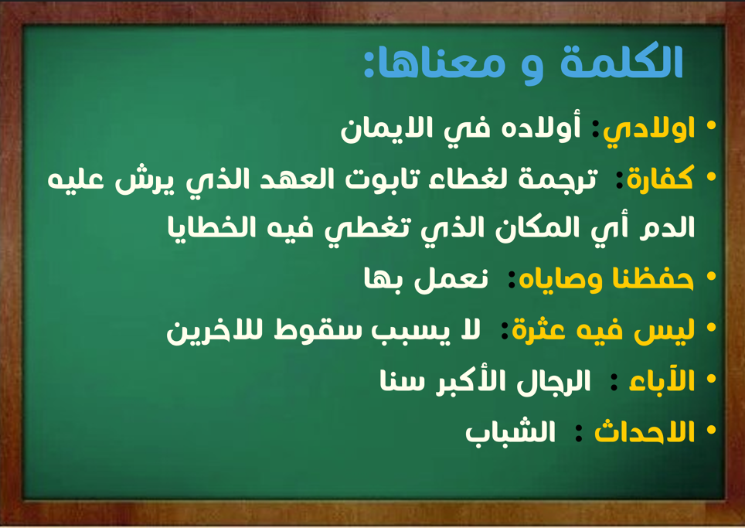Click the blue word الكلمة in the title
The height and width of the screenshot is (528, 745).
pos(621,62)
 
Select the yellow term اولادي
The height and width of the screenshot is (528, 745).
pos(648,129)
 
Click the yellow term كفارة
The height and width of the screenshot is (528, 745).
pos(661,179)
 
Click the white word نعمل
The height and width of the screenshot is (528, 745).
pos(451,279)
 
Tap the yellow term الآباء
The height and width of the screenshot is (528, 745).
pos(662,380)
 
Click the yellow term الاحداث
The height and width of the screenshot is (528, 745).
pos(645,431)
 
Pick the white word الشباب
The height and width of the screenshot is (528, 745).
pos(510,431)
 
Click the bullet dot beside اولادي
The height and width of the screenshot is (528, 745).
pos(711,125)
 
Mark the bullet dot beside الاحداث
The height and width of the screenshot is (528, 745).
pos(711,430)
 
